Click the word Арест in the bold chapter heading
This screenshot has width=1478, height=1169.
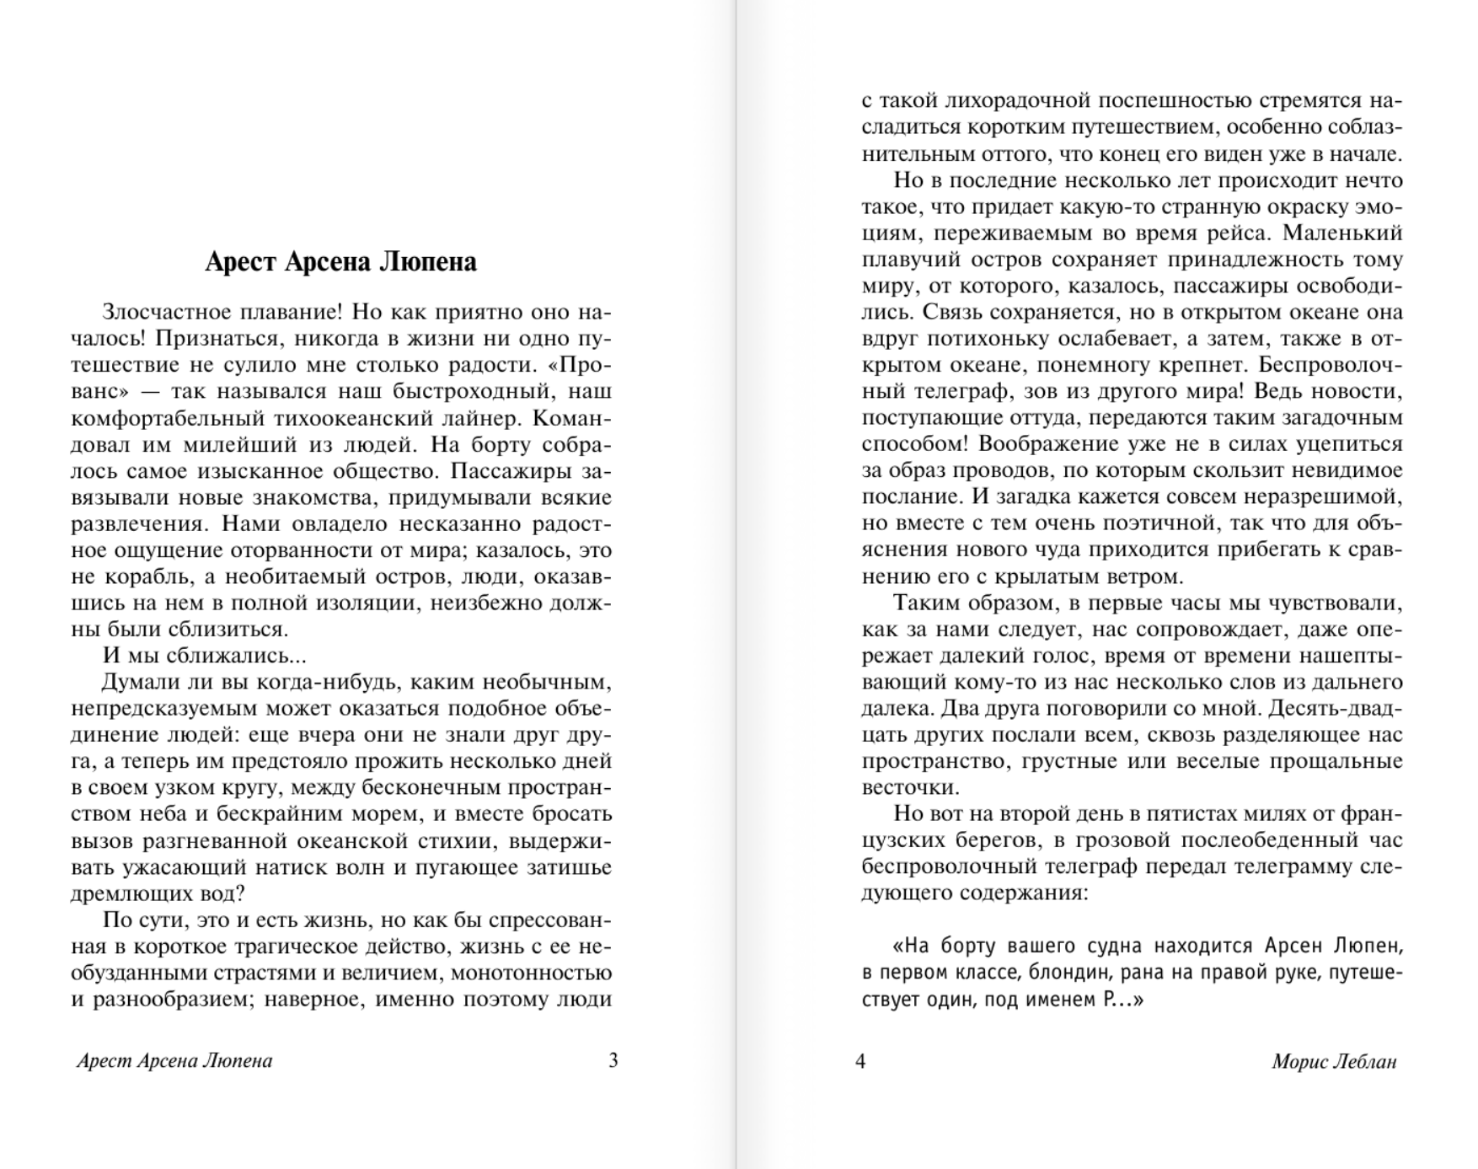point(240,262)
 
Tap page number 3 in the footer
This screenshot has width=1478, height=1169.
point(613,1060)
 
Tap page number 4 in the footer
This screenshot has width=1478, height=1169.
point(860,1060)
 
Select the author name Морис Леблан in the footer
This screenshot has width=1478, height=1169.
point(1334,1061)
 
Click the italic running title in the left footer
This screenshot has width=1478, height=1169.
point(174,1060)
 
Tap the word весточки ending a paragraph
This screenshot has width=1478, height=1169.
point(910,788)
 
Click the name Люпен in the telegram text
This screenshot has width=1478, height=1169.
point(1366,946)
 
